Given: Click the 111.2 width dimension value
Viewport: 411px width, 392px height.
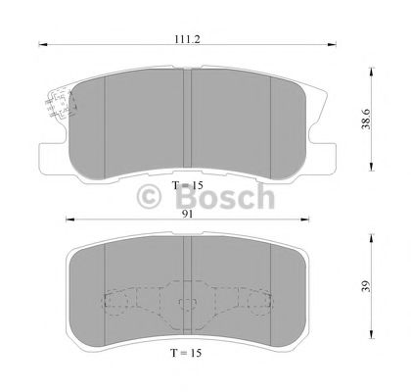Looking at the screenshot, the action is (x=187, y=39).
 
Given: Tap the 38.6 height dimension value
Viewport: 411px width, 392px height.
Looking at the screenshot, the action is (x=367, y=120).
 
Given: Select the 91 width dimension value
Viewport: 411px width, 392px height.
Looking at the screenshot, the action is (x=188, y=214).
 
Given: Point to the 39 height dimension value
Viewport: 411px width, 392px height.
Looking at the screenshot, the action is (x=367, y=286).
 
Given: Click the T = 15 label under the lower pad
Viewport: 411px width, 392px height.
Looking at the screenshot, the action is (x=186, y=353).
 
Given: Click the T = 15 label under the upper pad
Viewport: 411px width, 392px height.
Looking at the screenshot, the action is (x=188, y=185).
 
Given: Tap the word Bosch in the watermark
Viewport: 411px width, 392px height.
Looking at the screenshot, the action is (x=225, y=197).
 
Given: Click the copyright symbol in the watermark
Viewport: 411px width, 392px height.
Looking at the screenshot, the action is (x=149, y=196).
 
